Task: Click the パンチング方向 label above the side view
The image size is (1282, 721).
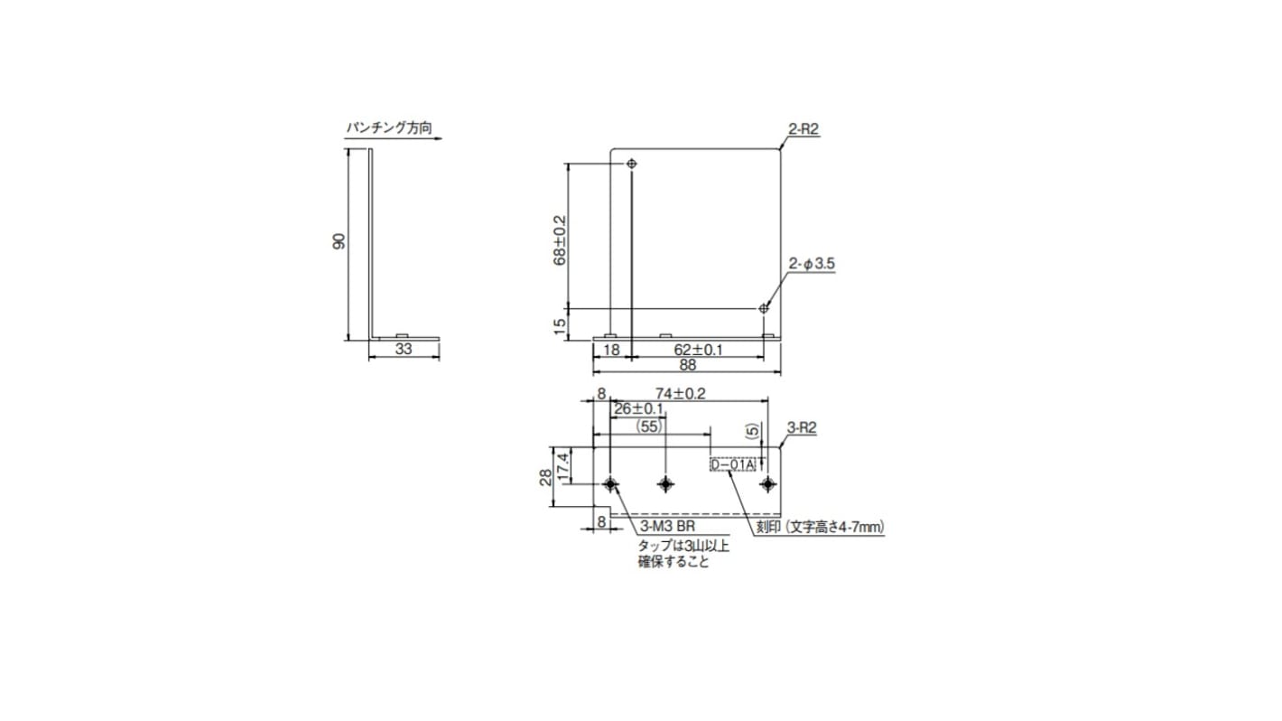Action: (x=389, y=129)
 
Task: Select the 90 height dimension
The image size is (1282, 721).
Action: (x=339, y=241)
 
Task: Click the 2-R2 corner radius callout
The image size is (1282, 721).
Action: (x=803, y=129)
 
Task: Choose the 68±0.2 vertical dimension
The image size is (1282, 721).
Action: (x=559, y=239)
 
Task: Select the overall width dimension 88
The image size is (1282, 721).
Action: (x=687, y=366)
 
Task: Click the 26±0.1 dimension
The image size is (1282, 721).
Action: (x=637, y=408)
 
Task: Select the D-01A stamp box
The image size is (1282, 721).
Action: (x=732, y=465)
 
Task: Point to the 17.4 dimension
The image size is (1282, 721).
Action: (x=562, y=466)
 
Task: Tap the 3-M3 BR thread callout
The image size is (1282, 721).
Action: (x=667, y=526)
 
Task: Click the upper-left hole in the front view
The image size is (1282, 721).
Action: (x=631, y=164)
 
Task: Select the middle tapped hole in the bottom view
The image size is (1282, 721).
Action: (x=666, y=484)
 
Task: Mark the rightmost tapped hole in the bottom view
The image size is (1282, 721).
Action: (x=766, y=484)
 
